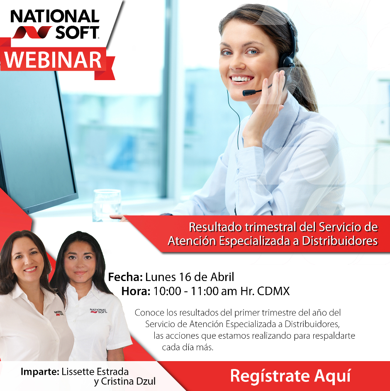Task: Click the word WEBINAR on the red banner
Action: (54, 60)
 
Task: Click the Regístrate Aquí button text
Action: (290, 376)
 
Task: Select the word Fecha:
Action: (126, 277)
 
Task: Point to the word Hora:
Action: (136, 291)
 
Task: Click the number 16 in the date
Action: (185, 277)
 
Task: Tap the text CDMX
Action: (273, 291)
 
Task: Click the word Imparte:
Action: (39, 371)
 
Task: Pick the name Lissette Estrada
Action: (95, 371)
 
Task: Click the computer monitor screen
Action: (33, 137)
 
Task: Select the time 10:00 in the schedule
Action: (167, 291)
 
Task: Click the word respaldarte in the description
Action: (335, 335)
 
